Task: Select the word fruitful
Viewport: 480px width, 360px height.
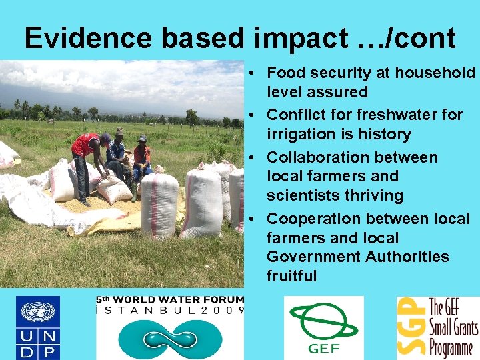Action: point(291,276)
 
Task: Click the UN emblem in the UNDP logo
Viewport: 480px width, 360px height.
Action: point(38,312)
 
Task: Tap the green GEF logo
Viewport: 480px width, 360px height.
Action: point(323,325)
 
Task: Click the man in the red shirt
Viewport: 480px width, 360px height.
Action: point(85,163)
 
